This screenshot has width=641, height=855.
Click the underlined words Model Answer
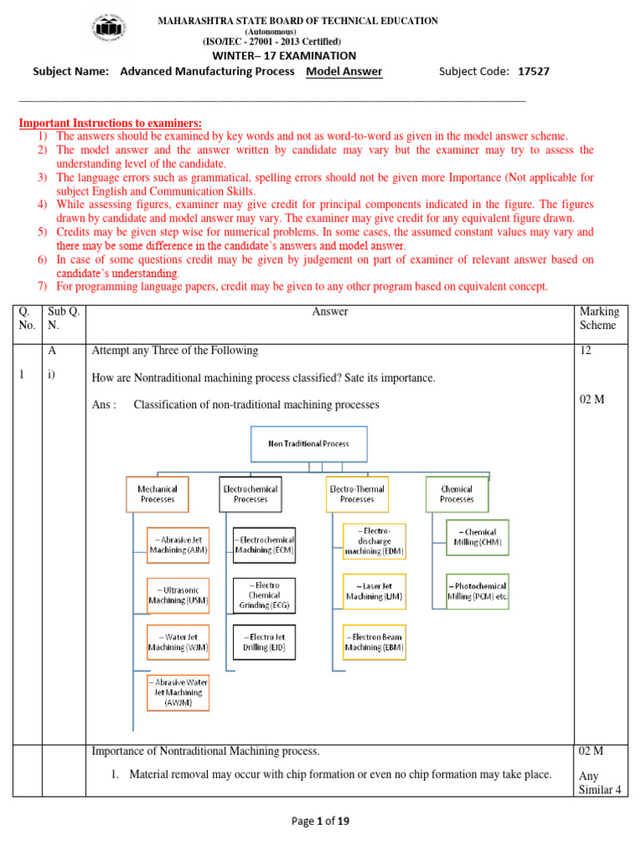[x=344, y=71]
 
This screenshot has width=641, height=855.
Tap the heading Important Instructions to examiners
[x=110, y=123]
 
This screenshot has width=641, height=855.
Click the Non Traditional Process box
[x=308, y=443]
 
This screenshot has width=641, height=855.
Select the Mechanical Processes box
[x=157, y=493]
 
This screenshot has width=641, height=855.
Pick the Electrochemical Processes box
[x=250, y=493]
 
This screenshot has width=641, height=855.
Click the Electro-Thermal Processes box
[x=356, y=493]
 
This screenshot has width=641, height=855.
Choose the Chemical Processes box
[x=457, y=493]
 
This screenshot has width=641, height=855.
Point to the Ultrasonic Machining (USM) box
[x=178, y=594]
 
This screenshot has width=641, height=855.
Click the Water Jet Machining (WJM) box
[x=178, y=642]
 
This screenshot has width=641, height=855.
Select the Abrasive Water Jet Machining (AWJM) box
[x=178, y=692]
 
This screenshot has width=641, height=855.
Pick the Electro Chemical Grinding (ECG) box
[x=264, y=594]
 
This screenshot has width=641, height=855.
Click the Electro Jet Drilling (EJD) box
[x=264, y=642]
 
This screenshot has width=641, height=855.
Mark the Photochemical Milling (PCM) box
[x=477, y=591]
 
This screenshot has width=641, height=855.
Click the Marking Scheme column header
[x=598, y=318]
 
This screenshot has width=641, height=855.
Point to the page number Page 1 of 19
[x=320, y=821]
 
